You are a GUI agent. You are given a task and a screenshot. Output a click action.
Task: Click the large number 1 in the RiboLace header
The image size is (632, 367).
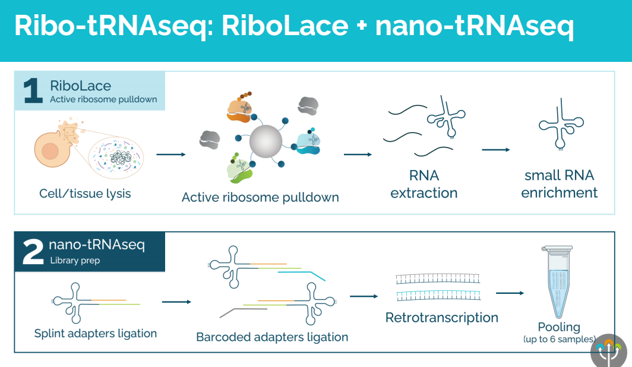(x=33, y=91)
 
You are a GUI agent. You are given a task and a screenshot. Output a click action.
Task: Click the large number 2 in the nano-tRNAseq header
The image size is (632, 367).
(x=33, y=252)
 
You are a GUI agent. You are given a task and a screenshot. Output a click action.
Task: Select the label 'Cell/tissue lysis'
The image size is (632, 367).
(x=85, y=193)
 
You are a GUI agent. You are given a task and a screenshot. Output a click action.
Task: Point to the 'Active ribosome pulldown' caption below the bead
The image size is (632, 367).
(x=260, y=197)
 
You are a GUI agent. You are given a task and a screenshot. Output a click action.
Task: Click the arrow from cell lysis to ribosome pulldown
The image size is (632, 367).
(x=171, y=155)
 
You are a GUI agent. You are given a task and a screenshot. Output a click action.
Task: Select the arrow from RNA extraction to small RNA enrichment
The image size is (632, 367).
(x=496, y=149)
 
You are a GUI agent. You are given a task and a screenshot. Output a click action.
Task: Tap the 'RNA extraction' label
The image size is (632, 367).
(x=424, y=184)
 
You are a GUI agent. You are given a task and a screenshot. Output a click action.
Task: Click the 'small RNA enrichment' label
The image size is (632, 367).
(x=559, y=184)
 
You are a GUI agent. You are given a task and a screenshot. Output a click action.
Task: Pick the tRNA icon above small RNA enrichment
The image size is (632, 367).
(x=558, y=124)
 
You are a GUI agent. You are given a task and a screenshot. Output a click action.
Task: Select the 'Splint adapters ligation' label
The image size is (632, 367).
(x=96, y=333)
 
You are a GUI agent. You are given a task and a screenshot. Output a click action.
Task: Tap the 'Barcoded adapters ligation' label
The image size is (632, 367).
(x=272, y=337)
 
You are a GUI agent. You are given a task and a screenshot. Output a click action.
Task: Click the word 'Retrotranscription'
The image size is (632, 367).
(x=441, y=318)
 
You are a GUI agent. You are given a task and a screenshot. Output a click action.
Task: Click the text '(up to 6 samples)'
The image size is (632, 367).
(x=559, y=339)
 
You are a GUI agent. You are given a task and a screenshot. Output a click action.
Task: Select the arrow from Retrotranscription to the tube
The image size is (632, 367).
(x=510, y=293)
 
